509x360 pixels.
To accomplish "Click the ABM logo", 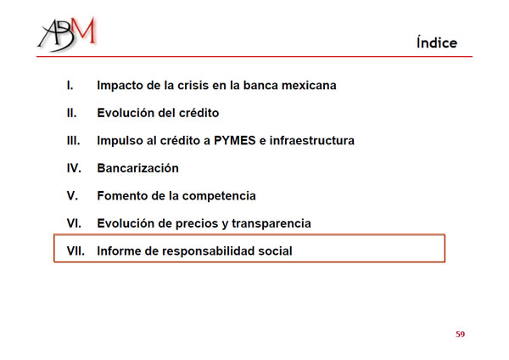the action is [x=67, y=34].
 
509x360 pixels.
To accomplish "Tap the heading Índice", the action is [x=437, y=42].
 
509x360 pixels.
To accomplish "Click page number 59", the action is [x=461, y=334].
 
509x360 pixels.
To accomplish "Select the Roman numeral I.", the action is [x=70, y=86].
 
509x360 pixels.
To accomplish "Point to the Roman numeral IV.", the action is [x=74, y=168].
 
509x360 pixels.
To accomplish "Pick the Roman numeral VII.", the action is [x=76, y=251].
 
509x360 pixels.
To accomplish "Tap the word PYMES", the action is [x=235, y=141].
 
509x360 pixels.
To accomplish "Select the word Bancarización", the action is [x=138, y=168].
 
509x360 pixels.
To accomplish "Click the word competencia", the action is [x=219, y=196].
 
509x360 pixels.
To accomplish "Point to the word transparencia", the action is [x=271, y=224].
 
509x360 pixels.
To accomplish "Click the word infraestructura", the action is [x=312, y=141].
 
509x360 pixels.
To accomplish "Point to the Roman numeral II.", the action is [x=72, y=113].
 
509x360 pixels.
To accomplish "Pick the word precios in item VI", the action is [x=199, y=224].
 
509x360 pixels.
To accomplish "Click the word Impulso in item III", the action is [x=120, y=141].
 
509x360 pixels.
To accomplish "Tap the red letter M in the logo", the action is [x=83, y=31].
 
